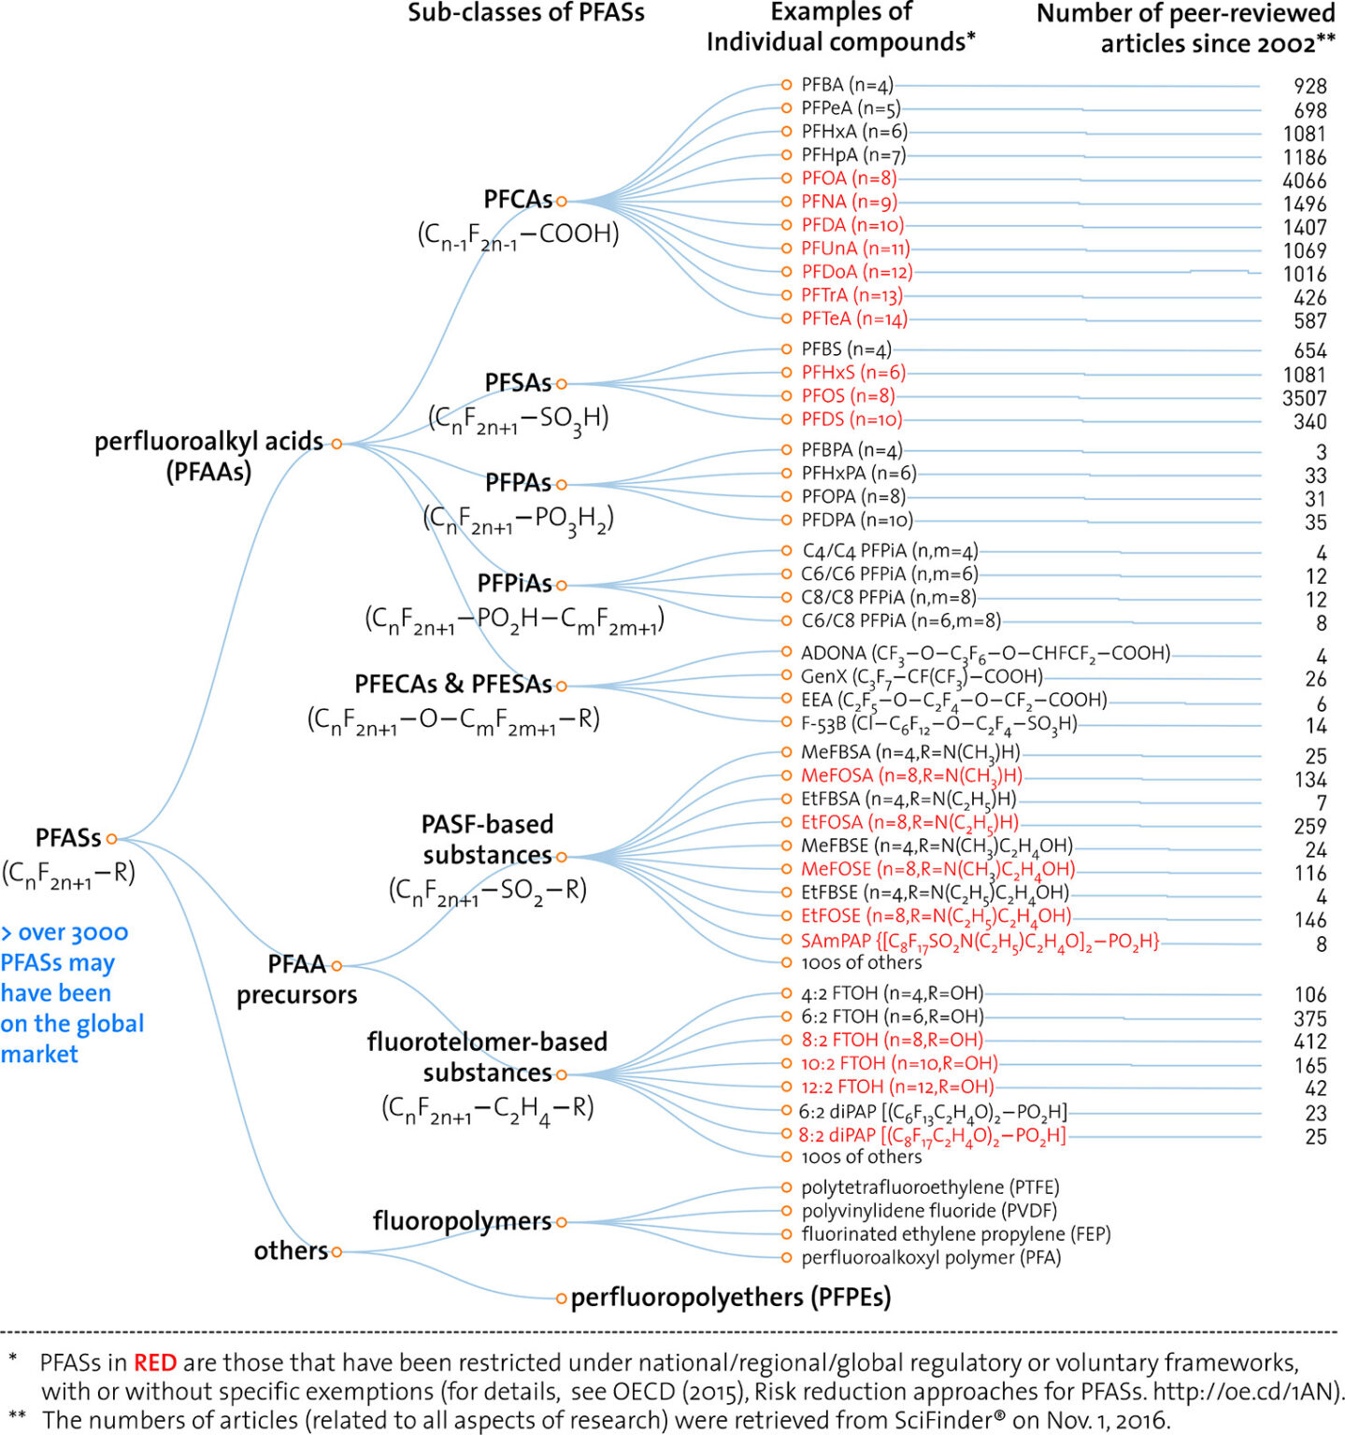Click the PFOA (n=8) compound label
(848, 178)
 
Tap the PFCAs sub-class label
(518, 200)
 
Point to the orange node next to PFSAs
(562, 384)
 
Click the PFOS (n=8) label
(848, 396)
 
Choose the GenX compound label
(921, 676)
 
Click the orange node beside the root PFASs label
(112, 839)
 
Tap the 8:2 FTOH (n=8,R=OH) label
(892, 1040)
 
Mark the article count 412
(1309, 1042)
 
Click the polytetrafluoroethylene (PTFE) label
(930, 1187)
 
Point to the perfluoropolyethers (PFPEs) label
(730, 1298)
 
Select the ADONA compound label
(985, 653)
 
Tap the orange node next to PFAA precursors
(336, 965)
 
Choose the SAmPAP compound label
(980, 941)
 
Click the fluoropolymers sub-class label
(462, 1221)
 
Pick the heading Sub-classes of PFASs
(525, 13)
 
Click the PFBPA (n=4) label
(851, 450)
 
